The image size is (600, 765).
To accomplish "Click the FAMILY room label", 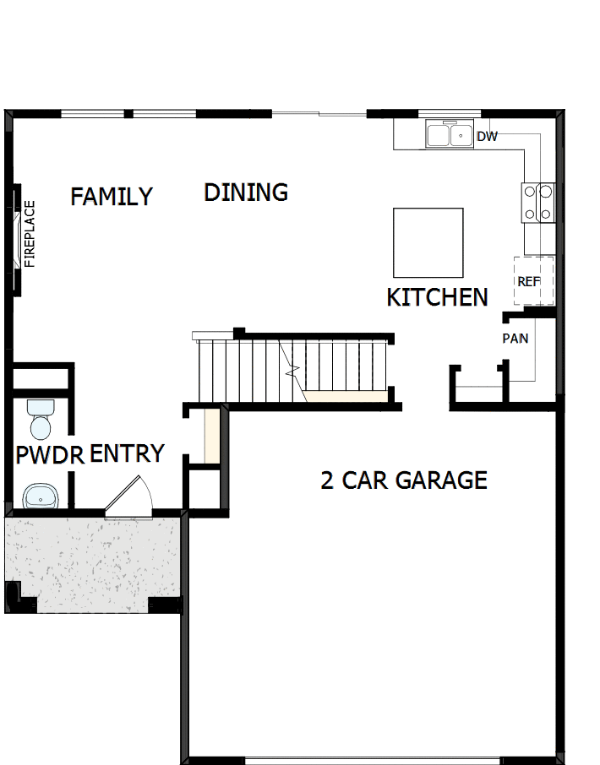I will point(112,197).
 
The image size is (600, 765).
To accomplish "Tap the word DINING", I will point(246,193).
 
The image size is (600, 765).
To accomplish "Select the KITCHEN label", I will point(437,297).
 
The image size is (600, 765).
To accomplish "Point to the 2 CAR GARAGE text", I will point(404,480).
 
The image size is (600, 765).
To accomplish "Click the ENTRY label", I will point(127,453).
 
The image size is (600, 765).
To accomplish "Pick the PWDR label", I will point(50,455).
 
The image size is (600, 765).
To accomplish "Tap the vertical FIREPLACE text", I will point(30,234).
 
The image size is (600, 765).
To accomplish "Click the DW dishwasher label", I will point(488,136).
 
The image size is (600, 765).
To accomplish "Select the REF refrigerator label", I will point(529,281).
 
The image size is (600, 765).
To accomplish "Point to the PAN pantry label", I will point(515,339).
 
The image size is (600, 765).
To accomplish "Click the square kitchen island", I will point(428,242).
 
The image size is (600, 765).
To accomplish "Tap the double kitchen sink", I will point(450,135).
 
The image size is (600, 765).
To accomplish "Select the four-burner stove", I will point(538,203).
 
